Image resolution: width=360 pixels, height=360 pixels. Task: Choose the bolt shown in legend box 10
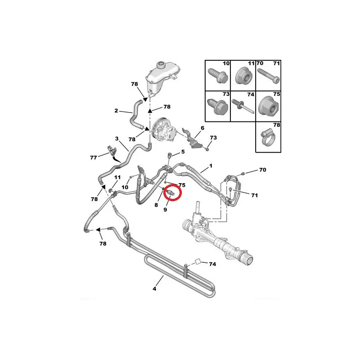(218, 76)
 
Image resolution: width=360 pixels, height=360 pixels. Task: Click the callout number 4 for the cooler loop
(154, 288)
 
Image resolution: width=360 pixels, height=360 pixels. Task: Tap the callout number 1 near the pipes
(211, 166)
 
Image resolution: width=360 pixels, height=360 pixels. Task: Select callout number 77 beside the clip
(94, 158)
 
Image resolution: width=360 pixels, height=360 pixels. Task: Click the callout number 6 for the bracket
(202, 128)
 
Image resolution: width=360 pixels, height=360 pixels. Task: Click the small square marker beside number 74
(198, 262)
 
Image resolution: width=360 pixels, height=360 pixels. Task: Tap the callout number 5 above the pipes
(183, 152)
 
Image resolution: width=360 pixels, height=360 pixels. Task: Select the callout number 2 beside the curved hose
(116, 111)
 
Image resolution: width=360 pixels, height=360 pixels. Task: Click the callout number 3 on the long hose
(117, 139)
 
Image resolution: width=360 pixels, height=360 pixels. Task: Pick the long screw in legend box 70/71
(268, 76)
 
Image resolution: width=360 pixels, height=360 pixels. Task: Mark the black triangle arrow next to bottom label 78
(98, 229)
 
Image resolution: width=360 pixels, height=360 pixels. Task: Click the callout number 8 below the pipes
(156, 205)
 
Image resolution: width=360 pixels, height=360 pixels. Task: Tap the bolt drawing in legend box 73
(217, 106)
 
